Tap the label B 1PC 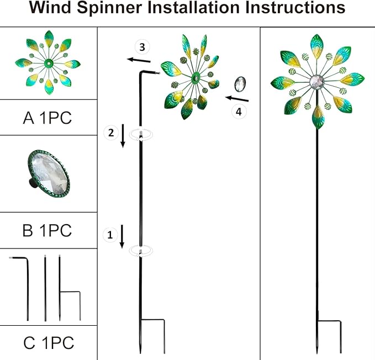tap(47, 230)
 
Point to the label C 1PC tap(48, 343)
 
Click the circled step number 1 tap(110, 235)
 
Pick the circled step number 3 tap(142, 45)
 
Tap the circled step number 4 tap(239, 112)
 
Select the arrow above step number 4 tap(237, 99)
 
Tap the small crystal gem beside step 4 tap(240, 83)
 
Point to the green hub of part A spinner tap(49, 62)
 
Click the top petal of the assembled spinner tap(317, 45)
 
